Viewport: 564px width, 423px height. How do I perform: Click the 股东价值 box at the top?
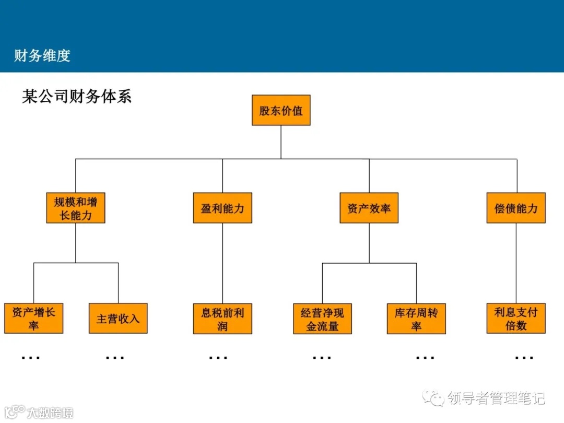pyautogui.click(x=281, y=110)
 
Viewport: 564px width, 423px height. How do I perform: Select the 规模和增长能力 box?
pyautogui.click(x=76, y=208)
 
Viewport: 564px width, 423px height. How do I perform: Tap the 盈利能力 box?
pyautogui.click(x=222, y=208)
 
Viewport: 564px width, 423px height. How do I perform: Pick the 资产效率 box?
pyautogui.click(x=369, y=208)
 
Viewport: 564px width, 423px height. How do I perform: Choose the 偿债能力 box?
pyautogui.click(x=516, y=208)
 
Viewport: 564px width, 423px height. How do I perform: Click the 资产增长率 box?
pyautogui.click(x=34, y=319)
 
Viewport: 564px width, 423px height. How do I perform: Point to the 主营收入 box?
pyautogui.click(x=118, y=319)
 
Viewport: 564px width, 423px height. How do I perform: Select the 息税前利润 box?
pyautogui.click(x=222, y=319)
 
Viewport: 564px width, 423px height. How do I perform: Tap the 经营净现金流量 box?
pyautogui.click(x=322, y=319)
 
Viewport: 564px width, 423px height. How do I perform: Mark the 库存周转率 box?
pyautogui.click(x=416, y=319)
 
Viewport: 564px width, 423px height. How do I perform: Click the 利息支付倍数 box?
pyautogui.click(x=516, y=319)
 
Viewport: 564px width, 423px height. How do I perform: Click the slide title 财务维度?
pyautogui.click(x=42, y=55)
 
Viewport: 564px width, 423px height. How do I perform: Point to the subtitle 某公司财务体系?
pyautogui.click(x=77, y=96)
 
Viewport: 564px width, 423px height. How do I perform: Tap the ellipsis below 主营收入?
pyautogui.click(x=115, y=358)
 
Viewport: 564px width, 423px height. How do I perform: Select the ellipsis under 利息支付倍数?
pyautogui.click(x=524, y=358)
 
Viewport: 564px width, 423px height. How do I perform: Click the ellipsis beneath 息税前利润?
pyautogui.click(x=218, y=358)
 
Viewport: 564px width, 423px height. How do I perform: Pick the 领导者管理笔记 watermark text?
pyautogui.click(x=496, y=398)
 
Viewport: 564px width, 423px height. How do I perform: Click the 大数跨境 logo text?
pyautogui.click(x=50, y=412)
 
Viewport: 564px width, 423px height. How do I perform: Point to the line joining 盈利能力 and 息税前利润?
pyautogui.click(x=222, y=263)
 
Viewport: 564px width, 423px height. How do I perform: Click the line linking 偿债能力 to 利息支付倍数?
pyautogui.click(x=516, y=263)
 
